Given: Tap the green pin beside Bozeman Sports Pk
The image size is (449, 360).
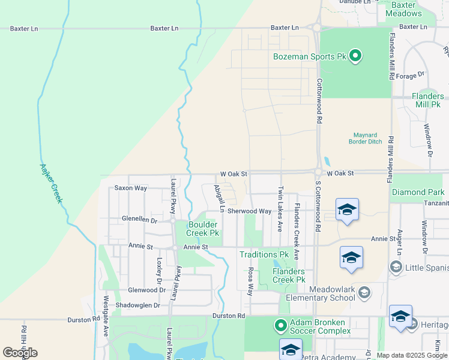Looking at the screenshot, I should (355, 56).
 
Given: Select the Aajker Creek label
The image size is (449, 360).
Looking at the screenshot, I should (51, 183).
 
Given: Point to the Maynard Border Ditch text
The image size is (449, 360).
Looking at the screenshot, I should (365, 138).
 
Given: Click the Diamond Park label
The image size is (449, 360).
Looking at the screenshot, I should (418, 192).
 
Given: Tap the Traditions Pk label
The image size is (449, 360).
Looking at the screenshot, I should (264, 254).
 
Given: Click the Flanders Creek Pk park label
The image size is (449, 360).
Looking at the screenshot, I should (289, 275).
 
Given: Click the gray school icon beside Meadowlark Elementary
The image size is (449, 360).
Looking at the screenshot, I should (363, 292).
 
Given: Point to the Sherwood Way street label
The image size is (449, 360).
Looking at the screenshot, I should (249, 211).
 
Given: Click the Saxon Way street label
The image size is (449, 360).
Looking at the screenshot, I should (131, 188).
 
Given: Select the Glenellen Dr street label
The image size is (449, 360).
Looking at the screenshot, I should (139, 220).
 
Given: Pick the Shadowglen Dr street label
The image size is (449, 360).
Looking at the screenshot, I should (140, 305).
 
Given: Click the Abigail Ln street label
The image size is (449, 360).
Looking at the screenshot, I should (218, 199).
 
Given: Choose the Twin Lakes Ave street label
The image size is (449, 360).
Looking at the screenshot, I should (280, 209).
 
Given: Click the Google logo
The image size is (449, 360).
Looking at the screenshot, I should (20, 353).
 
